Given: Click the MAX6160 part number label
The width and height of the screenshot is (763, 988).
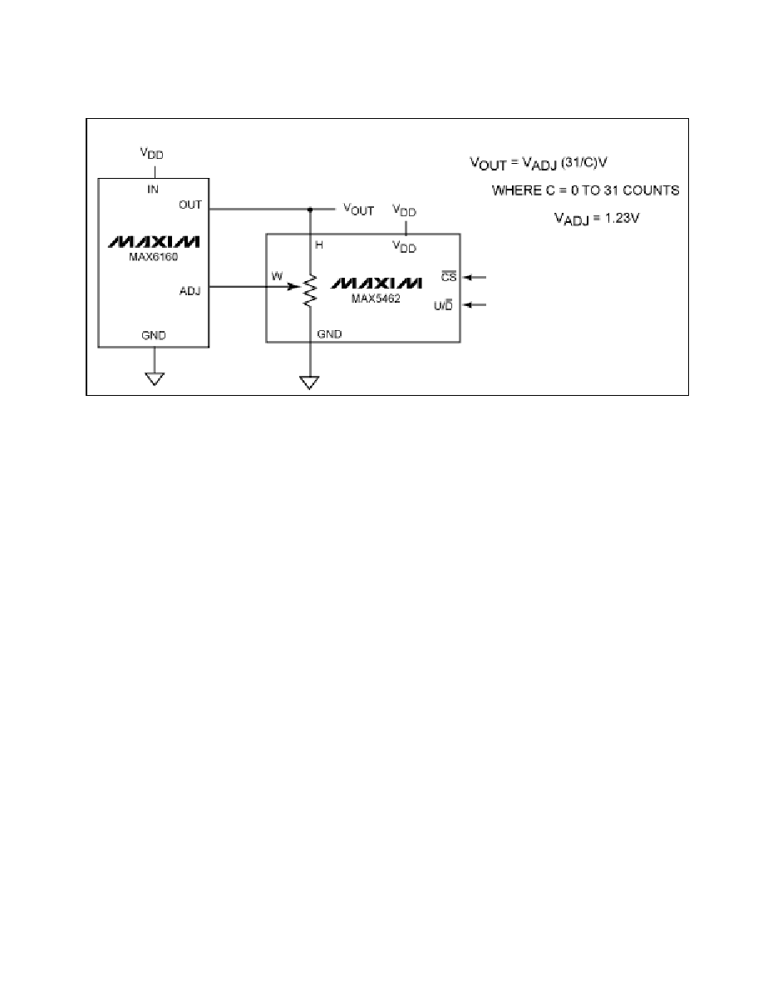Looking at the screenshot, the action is (x=154, y=257).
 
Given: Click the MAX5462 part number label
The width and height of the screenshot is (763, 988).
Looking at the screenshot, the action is (x=376, y=299).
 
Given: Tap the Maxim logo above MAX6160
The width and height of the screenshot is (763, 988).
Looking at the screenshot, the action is (x=155, y=242).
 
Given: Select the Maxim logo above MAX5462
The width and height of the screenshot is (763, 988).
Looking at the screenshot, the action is (x=377, y=283).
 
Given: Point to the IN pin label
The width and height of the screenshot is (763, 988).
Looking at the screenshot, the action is (x=153, y=189).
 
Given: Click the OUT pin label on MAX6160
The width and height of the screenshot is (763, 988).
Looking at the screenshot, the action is (x=190, y=205).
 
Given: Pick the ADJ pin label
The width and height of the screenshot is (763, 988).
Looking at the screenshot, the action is (x=190, y=291).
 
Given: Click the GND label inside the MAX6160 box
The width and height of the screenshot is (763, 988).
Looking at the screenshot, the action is (x=154, y=335).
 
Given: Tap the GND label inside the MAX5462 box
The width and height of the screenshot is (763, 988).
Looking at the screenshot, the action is (x=329, y=334).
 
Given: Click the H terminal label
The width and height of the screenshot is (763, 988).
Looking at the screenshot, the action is (x=319, y=245).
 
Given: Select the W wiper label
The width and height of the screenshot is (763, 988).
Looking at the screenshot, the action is (x=277, y=276).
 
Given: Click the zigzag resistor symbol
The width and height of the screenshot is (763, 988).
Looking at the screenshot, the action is (x=309, y=290).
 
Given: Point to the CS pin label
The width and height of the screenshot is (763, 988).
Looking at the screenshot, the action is (x=448, y=277).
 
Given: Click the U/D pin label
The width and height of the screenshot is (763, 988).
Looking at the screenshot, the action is (x=443, y=305).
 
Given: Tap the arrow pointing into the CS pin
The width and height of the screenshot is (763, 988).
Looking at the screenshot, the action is (x=475, y=277).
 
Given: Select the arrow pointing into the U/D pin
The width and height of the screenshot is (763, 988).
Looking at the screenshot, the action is (x=475, y=305).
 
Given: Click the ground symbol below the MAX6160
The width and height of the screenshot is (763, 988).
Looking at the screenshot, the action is (x=155, y=378).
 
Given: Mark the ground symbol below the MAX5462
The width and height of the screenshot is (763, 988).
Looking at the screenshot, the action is (x=309, y=383).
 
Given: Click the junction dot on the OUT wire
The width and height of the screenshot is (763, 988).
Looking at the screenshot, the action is (x=310, y=210).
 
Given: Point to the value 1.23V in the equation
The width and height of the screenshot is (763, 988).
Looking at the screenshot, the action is (x=622, y=218).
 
